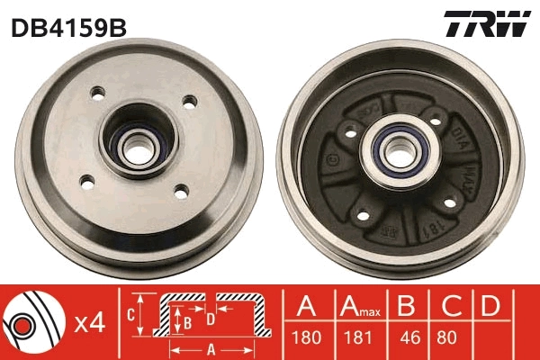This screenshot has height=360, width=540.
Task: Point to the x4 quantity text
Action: coord(87,322)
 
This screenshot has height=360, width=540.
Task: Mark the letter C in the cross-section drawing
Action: coord(131,314)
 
